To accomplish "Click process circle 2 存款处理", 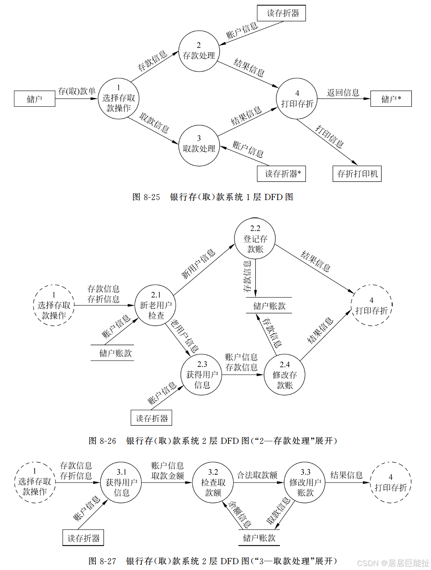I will point(199,51).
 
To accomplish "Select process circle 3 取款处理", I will point(199,145).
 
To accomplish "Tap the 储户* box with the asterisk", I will point(391,99).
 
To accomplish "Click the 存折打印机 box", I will point(357,174).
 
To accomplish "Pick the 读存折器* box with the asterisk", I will point(281,174).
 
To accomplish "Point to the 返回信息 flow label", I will point(343,93).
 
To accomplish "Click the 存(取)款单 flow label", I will point(77,91).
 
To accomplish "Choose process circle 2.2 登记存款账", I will point(255,239).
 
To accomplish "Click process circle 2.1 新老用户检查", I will point(155,305).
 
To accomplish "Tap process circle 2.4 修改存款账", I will point(284,375).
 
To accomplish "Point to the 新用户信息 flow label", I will point(199,263).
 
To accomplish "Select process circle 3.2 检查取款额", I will point(213,482).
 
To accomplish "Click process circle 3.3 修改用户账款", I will point(305,482).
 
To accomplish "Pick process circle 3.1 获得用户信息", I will point(121,482).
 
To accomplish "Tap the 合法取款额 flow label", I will point(257,475).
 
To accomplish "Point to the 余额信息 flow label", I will point(239,514).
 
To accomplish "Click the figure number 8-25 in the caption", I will point(152,197).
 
